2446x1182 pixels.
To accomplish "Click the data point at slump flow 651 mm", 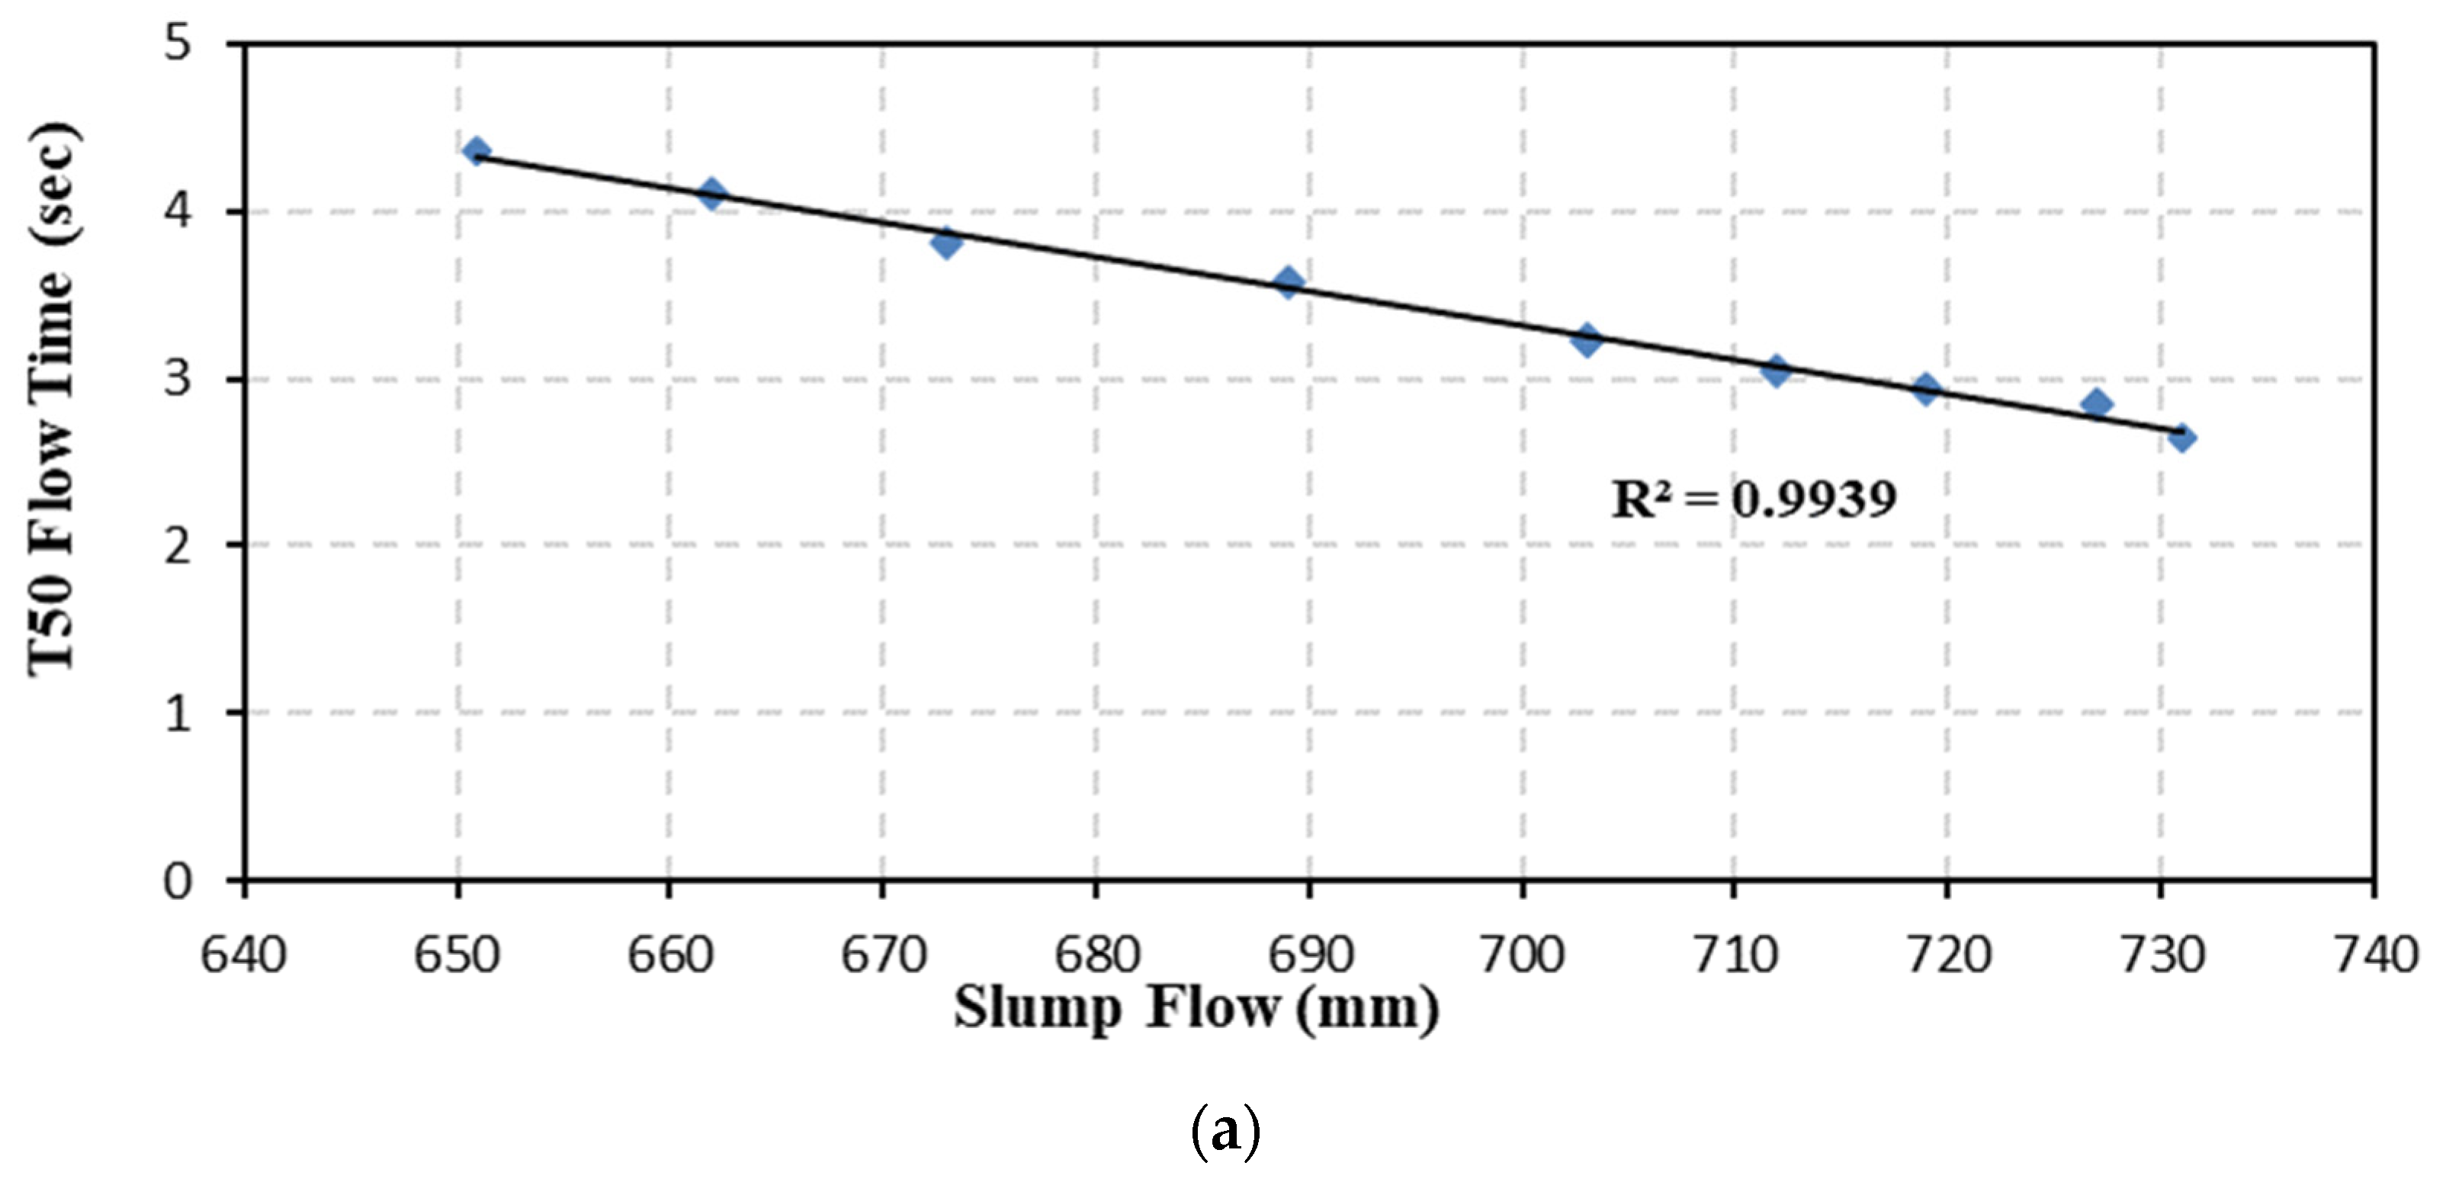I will (477, 151).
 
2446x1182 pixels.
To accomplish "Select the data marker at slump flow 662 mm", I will (711, 194).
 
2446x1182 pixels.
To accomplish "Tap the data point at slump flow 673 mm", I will (945, 243).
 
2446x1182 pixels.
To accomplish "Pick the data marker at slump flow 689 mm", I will (1289, 282).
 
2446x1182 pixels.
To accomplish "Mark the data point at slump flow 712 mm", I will (1777, 371).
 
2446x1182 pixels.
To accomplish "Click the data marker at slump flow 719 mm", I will (1927, 388).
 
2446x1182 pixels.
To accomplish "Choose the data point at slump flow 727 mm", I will (2097, 403).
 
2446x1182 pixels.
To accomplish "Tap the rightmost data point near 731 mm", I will (2181, 438).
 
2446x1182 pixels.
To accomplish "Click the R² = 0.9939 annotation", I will (1754, 499).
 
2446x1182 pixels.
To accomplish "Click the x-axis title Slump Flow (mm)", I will (1196, 1008).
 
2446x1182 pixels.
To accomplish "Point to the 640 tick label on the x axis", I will (243, 954).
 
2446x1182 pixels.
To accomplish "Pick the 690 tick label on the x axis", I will (1311, 954).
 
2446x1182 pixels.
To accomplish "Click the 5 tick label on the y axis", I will (178, 43).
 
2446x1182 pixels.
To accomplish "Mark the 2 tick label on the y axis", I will (178, 546).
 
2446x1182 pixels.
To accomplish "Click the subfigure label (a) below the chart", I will (1225, 1132).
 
